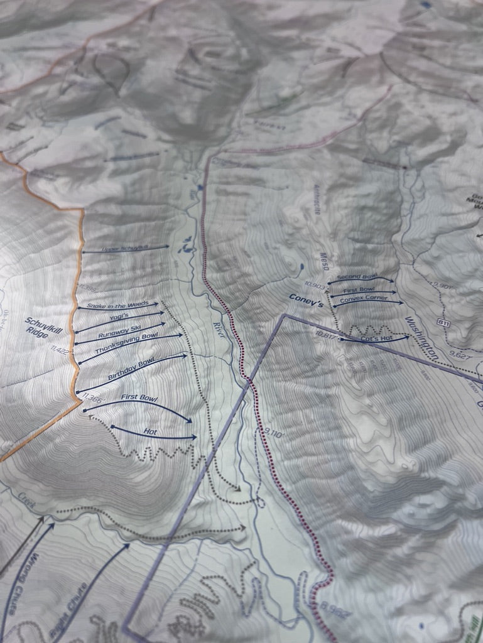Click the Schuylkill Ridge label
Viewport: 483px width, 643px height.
[37, 328]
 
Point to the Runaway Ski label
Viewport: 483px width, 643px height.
[120, 329]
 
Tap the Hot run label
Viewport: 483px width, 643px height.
[150, 431]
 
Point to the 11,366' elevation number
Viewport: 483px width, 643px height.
[90, 396]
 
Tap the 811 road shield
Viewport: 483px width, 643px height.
[445, 322]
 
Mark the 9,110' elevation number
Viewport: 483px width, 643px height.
[276, 432]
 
